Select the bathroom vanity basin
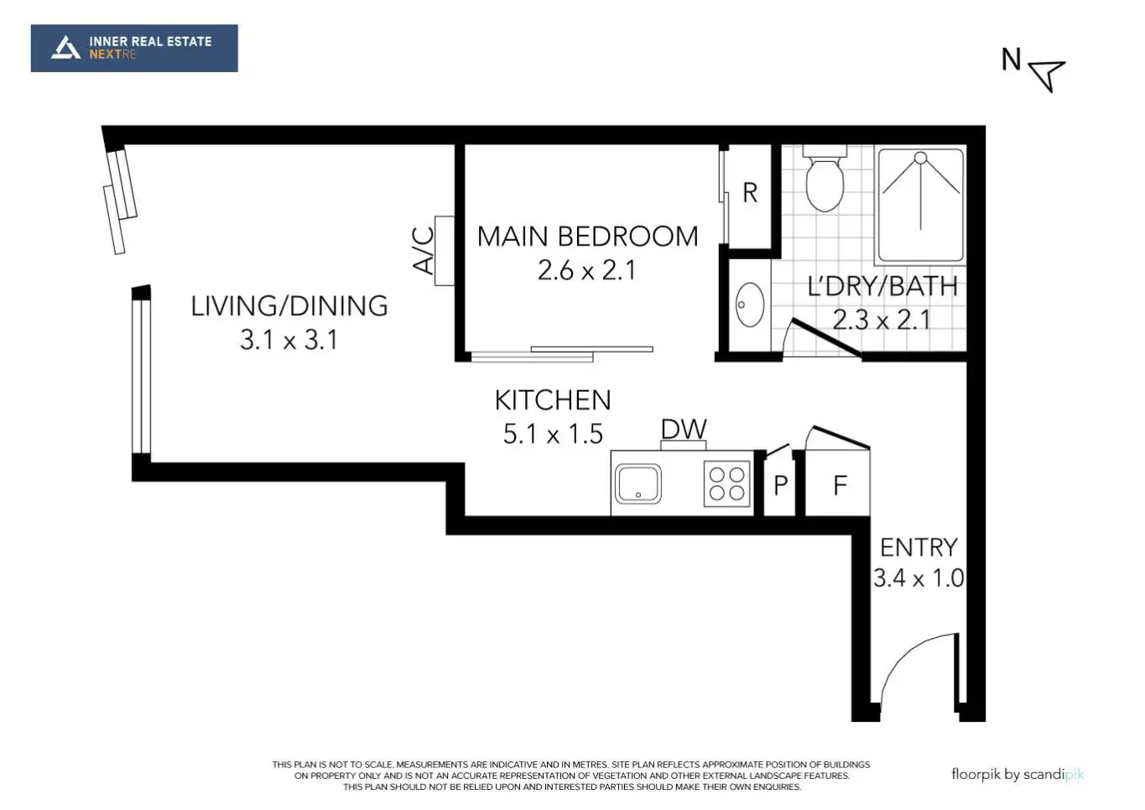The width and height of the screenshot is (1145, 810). pos(750,305)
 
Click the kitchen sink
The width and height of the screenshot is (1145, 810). pos(638,483)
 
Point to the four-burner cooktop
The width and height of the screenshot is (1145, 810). pos(727,483)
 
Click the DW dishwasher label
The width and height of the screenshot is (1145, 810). pos(684,429)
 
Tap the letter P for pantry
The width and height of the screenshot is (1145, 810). pos(780,485)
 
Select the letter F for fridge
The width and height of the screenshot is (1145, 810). pos(840,485)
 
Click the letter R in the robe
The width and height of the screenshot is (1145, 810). pos(750,193)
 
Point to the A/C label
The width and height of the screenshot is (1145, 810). pos(423,251)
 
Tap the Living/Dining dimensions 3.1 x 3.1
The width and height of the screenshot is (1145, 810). pos(289,340)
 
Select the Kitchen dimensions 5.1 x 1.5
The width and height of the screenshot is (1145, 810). pos(553,434)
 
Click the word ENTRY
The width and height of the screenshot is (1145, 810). pos(919,547)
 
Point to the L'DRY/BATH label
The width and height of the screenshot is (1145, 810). pos(882,286)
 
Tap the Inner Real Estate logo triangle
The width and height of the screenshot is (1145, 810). pos(65,48)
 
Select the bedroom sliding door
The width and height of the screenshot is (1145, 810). pos(562,353)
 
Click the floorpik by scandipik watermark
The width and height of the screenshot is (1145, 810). pos(1017,774)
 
